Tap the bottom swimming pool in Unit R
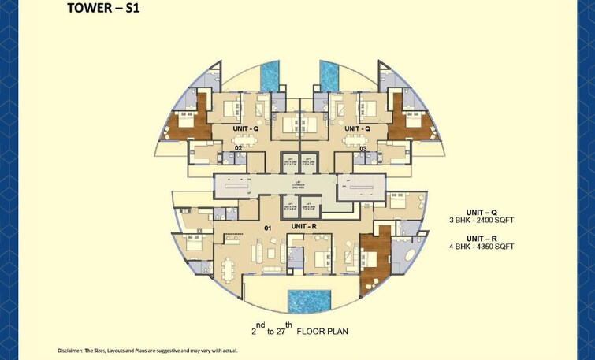tap(309, 301)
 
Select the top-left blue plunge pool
tap(270, 76)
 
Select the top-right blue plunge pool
tap(329, 76)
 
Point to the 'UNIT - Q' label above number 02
tap(246, 128)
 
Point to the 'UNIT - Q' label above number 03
tap(356, 128)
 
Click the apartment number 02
tap(239, 147)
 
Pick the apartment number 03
tap(363, 147)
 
